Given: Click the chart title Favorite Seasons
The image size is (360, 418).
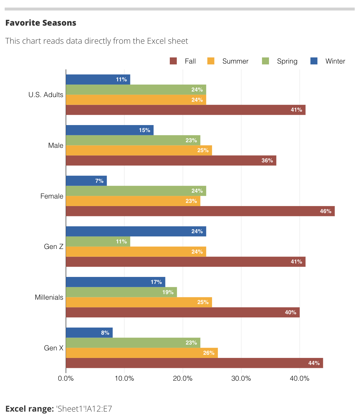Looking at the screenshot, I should pos(41,23).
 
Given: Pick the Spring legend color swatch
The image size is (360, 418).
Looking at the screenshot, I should pos(265,61).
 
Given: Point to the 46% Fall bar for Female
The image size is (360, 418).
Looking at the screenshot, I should pos(200,211).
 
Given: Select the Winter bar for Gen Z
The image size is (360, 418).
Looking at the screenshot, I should pos(136,231).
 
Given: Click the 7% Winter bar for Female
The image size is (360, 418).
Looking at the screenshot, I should pos(86,181).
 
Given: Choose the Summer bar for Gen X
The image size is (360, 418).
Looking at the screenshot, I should pos(142,353).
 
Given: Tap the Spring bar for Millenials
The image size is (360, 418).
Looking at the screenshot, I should pos(121,292).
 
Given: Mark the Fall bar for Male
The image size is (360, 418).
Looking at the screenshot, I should pos(171,161).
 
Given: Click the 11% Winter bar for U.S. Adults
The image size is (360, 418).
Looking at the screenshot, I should pos(98,80).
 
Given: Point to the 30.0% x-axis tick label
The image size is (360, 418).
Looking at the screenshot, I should pos(241,379).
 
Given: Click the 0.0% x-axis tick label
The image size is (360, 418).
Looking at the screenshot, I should pos(66,379).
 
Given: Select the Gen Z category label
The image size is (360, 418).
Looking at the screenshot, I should pos(54,247).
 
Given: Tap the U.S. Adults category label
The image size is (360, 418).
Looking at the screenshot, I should pos(46,95).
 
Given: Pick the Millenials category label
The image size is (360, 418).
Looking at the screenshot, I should pos(49,297).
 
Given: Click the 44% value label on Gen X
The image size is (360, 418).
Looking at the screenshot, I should pos(314,363).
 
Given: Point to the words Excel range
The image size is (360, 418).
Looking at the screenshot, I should pos(29,409).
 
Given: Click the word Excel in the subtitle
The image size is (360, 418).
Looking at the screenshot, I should pos(157,41).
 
